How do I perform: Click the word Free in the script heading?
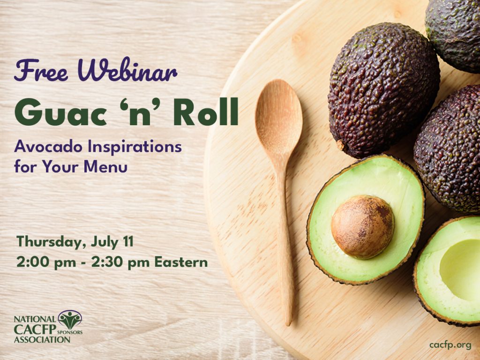coord(41,70)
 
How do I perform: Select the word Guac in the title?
coord(60,112)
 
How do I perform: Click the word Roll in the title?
coord(206,112)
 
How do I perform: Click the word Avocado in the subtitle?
coord(48,146)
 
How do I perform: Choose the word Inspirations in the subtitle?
coord(135,147)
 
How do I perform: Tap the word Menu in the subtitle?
coord(105,167)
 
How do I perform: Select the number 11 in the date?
coord(128,241)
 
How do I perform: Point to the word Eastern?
coord(181,262)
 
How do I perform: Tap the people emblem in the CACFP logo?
coord(70,320)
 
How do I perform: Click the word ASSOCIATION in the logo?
coord(42,339)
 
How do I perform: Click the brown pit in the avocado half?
coord(362,227)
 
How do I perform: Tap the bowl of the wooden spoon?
coord(278,118)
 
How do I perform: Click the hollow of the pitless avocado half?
coord(461,270)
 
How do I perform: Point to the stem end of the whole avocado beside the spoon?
coord(340,145)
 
